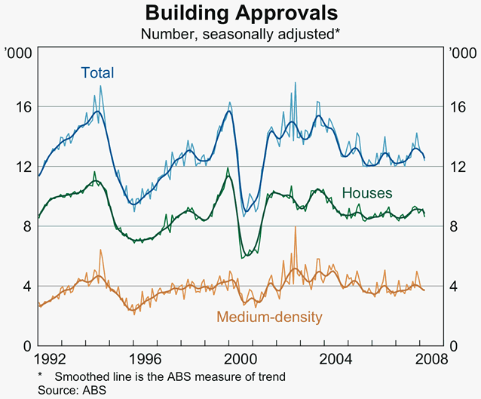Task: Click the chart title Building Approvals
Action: click(241, 14)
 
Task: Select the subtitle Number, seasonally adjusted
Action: click(241, 34)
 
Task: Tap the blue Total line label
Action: click(97, 73)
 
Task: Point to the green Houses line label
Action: click(367, 193)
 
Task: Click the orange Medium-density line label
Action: click(269, 317)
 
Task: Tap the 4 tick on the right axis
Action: click(455, 286)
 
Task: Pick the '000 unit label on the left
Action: click(17, 54)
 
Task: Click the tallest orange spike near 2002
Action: click(296, 227)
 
